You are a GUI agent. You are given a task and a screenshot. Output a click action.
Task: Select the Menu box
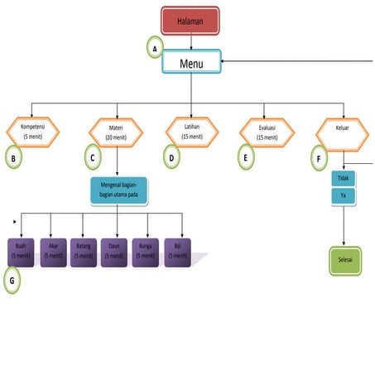pos(191,62)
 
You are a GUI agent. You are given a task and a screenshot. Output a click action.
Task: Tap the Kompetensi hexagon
pos(31,131)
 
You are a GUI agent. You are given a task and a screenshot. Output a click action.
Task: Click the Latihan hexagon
pos(191,131)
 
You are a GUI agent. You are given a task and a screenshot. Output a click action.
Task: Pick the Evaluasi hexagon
pos(267,132)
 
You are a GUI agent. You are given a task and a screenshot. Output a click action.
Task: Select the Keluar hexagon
pos(343,132)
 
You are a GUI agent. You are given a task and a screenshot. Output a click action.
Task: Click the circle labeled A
pos(156,49)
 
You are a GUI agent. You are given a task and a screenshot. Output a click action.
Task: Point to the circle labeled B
pos(13,156)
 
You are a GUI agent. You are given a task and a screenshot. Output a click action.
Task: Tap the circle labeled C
pos(94,156)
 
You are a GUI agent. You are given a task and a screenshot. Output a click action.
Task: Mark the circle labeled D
pos(172,156)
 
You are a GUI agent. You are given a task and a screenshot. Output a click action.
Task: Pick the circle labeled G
pos(12,281)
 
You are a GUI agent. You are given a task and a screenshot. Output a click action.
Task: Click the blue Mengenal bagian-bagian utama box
pos(119,191)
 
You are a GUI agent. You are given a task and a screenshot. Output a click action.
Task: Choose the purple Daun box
pos(115,251)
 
